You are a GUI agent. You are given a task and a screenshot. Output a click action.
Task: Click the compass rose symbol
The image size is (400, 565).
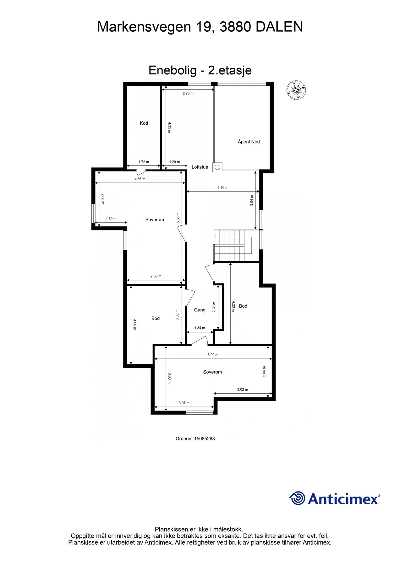click(296, 90)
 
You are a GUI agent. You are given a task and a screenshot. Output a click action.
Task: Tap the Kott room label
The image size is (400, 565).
click(144, 123)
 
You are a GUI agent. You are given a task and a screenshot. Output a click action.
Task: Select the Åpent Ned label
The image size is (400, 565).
click(249, 142)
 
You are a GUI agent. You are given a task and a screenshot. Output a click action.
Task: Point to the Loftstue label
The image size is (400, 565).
click(200, 167)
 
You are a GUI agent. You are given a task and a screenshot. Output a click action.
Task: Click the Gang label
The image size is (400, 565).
click(200, 310)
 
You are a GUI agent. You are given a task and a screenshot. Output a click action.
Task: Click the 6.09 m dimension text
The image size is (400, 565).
click(213, 355)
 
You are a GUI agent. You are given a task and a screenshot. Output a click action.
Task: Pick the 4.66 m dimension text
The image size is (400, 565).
click(140, 179)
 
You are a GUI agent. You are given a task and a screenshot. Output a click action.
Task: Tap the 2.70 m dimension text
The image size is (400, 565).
click(188, 93)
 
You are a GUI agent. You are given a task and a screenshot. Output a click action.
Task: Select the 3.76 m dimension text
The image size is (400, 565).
click(223, 187)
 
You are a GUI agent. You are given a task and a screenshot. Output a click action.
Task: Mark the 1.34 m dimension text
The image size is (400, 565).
click(200, 328)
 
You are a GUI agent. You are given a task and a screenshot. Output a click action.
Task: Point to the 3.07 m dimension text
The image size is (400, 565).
click(184, 403)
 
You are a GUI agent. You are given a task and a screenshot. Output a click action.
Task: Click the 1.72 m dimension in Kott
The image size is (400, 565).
click(144, 162)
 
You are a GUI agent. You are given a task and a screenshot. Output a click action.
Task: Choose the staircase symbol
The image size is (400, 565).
click(233, 245)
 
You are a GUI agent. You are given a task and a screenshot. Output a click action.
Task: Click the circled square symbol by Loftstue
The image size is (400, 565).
click(217, 167)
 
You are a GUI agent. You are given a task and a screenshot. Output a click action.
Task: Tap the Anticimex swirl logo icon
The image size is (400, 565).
click(297, 498)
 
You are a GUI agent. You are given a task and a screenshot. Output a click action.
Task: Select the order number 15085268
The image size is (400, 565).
click(205, 439)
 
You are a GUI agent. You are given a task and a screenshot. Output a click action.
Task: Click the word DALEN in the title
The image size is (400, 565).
click(279, 27)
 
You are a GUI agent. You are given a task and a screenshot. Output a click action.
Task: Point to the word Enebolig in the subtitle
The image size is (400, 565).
click(173, 70)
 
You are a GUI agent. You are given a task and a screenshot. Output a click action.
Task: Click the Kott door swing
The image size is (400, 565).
click(141, 172)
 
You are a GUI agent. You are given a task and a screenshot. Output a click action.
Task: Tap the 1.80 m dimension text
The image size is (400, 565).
click(111, 219)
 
